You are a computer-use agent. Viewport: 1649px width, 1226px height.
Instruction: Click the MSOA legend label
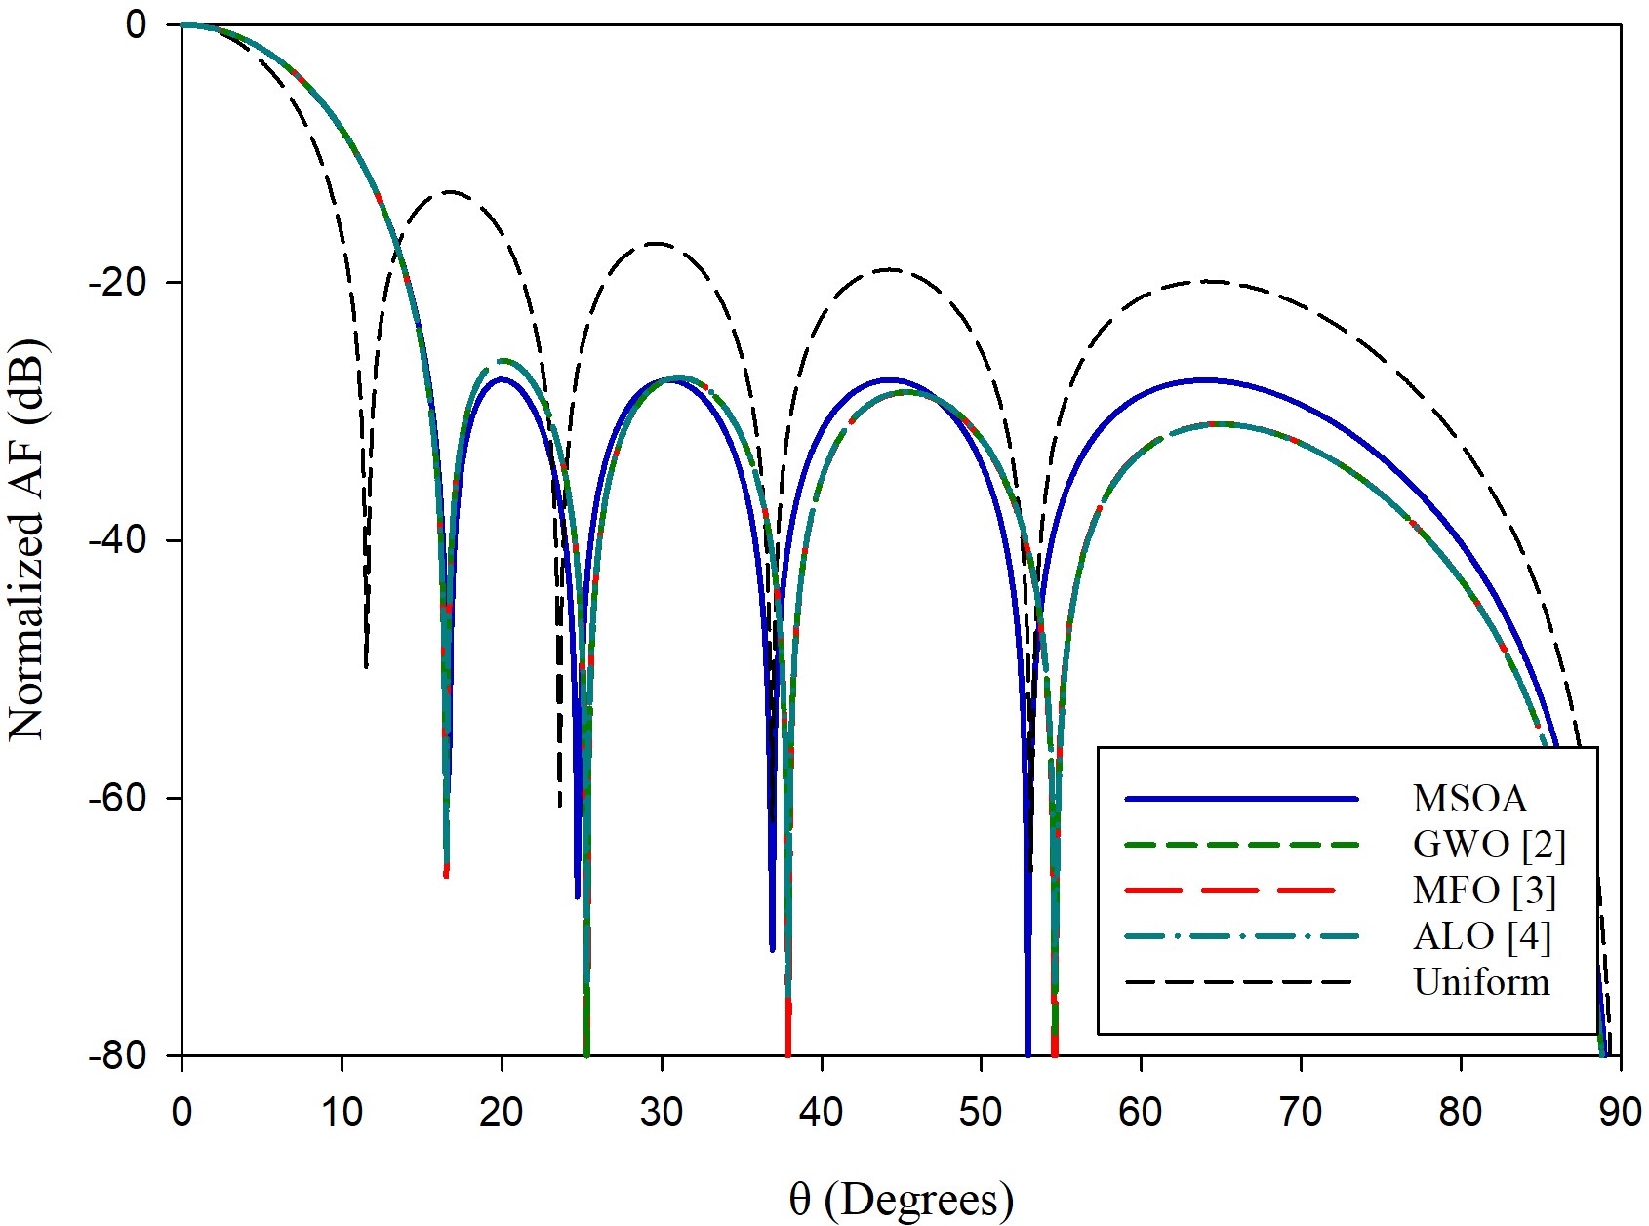click(x=1468, y=799)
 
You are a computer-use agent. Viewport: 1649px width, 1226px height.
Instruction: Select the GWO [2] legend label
click(x=1489, y=845)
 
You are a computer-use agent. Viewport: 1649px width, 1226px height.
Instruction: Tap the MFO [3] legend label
click(x=1484, y=890)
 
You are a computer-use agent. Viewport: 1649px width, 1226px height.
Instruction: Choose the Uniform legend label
click(x=1481, y=982)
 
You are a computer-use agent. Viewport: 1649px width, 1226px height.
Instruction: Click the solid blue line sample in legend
click(x=1241, y=799)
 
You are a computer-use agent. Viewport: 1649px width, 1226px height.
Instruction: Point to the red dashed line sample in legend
click(x=1241, y=890)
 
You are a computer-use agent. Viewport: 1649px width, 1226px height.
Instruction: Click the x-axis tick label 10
click(x=342, y=1112)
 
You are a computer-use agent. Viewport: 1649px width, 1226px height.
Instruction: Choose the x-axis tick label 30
click(x=662, y=1112)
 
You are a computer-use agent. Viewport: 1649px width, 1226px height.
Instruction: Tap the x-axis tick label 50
click(x=981, y=1112)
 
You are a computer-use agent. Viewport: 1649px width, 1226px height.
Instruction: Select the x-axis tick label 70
click(x=1301, y=1112)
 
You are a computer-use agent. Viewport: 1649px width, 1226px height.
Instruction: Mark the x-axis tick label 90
click(x=1620, y=1112)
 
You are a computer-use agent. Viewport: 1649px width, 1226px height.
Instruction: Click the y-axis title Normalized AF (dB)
click(x=27, y=540)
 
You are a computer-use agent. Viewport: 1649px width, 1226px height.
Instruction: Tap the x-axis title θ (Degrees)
click(x=901, y=1200)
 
